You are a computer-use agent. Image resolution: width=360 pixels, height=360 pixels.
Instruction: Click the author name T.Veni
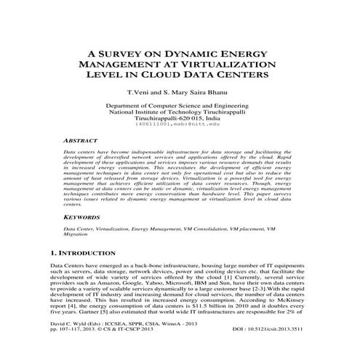(139, 94)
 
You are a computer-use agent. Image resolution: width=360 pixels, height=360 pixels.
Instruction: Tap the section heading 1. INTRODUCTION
(79, 253)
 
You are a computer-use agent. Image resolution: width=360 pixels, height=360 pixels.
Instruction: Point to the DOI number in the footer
(297, 348)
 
